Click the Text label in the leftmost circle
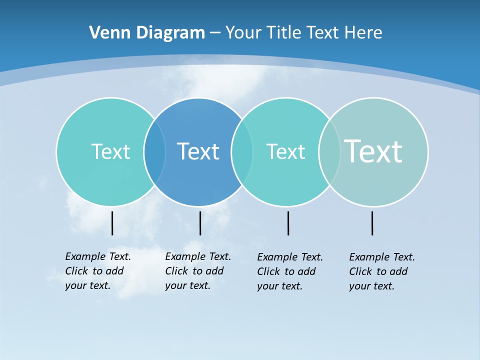click(110, 151)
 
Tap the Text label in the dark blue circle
click(198, 151)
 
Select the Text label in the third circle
click(285, 151)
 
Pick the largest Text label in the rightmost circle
click(373, 151)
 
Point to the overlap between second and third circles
click(242, 151)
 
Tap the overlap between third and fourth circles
click(329, 151)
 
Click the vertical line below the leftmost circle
click(112, 223)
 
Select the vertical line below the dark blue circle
click(200, 223)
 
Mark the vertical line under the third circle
click(288, 223)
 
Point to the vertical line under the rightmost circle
click(372, 223)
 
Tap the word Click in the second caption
click(176, 271)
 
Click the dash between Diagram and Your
click(215, 32)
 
